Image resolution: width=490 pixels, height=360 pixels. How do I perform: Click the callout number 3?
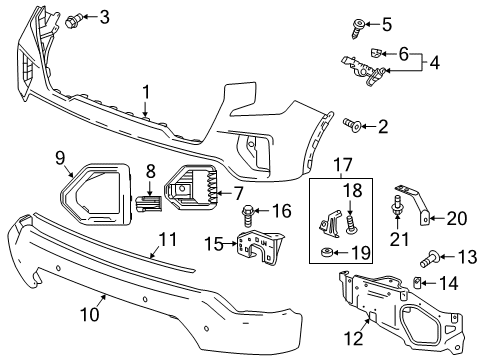click(105, 16)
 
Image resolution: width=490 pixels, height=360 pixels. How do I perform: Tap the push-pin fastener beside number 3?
click(79, 18)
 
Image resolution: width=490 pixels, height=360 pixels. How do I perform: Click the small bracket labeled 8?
click(147, 201)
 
